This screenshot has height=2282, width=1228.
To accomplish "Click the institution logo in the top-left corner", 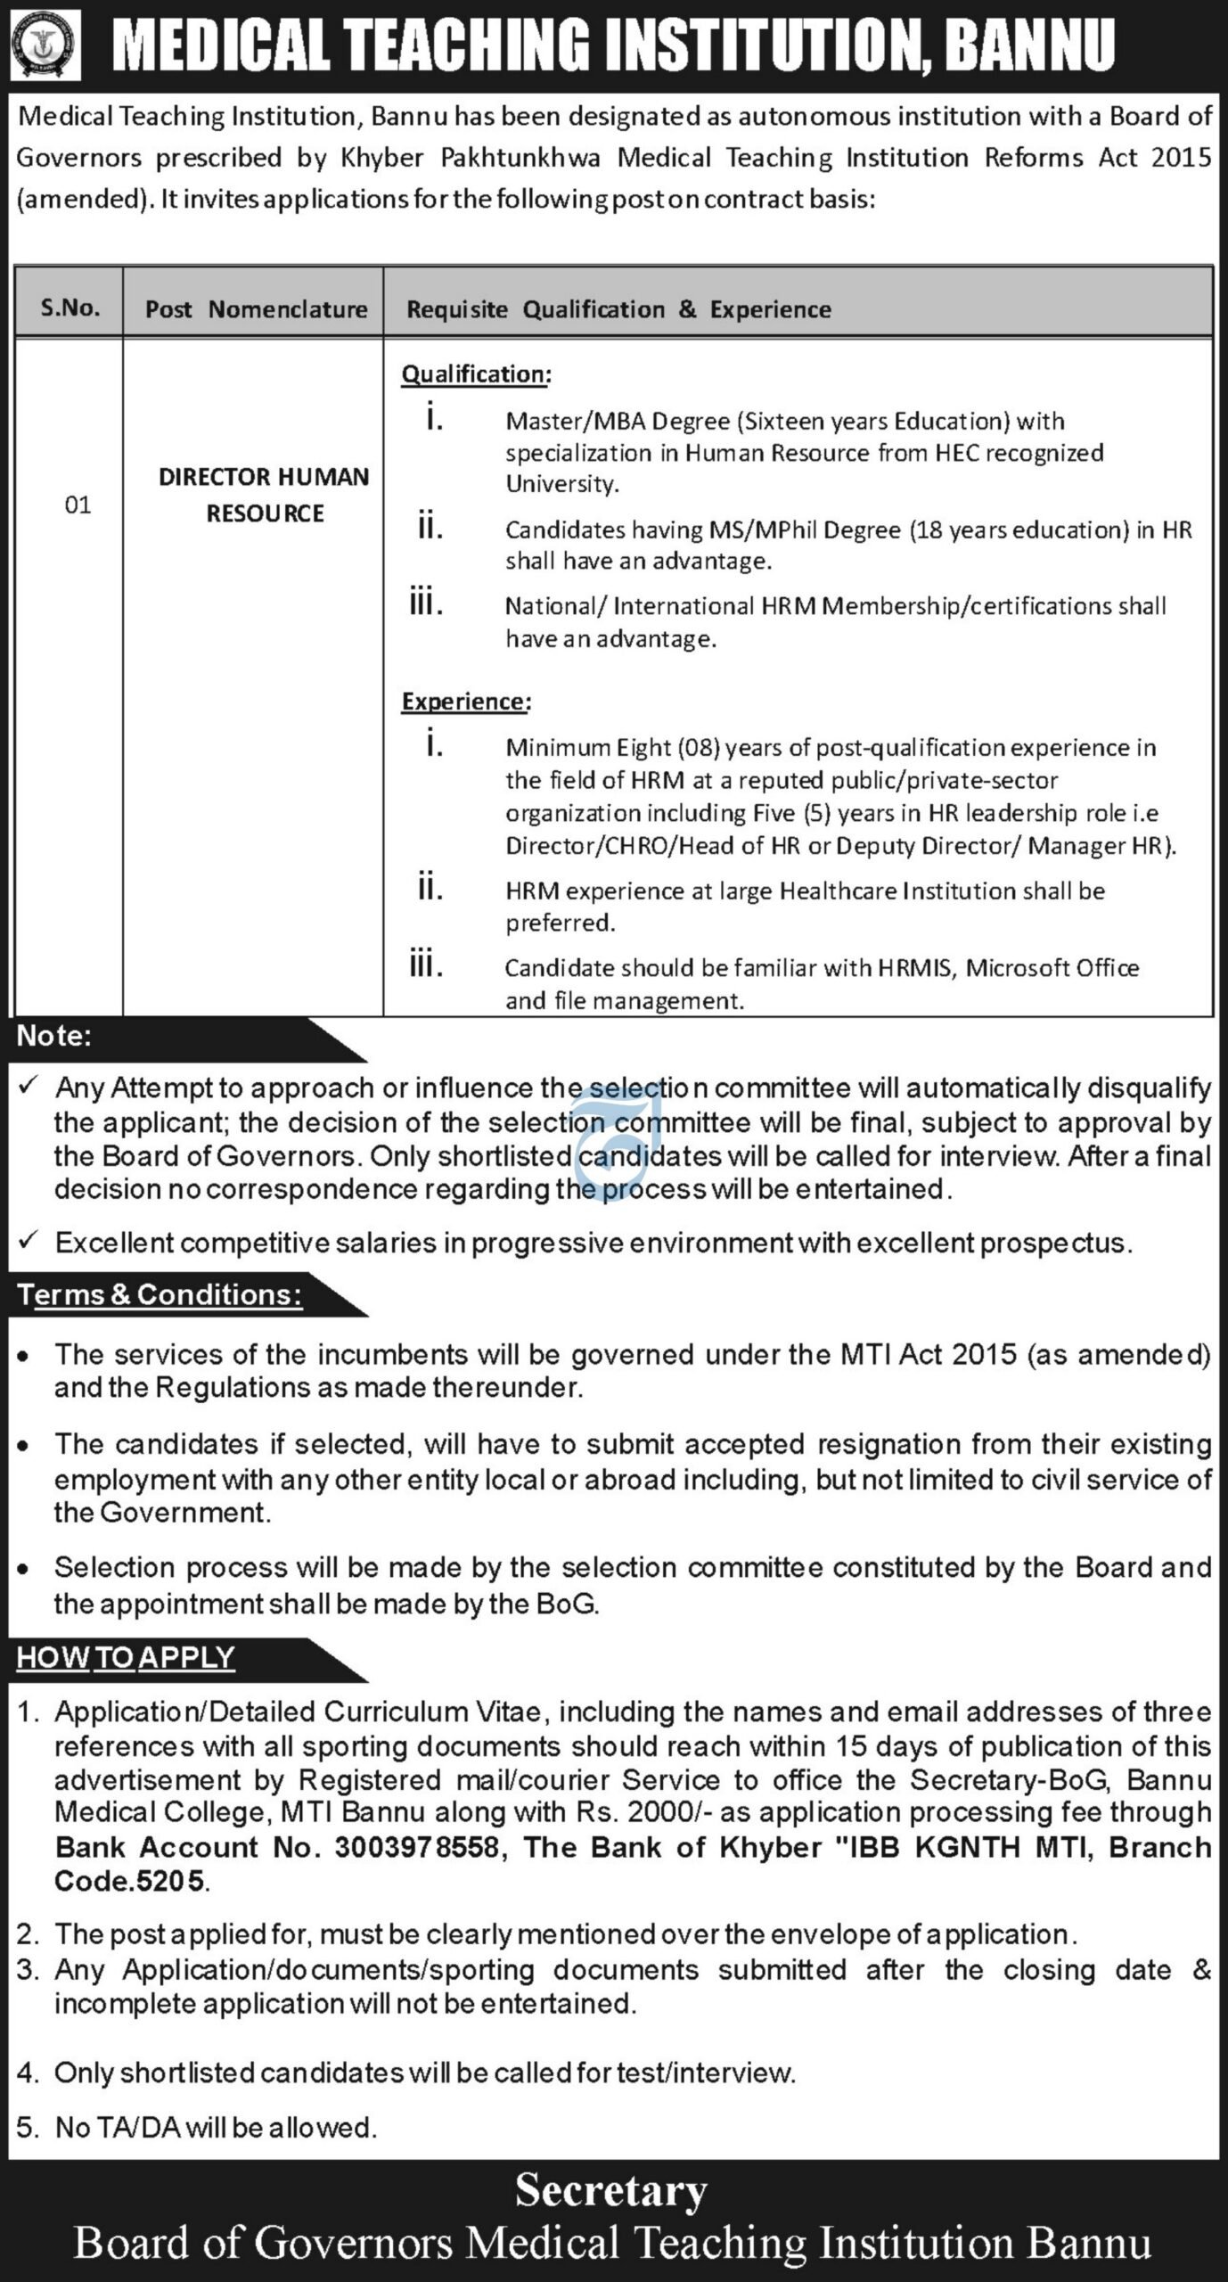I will coord(45,45).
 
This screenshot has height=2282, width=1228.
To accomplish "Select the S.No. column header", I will coord(70,308).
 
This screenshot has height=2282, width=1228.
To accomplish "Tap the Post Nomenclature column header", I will coord(256,309).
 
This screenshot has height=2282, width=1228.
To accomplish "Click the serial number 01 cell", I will coord(78,505).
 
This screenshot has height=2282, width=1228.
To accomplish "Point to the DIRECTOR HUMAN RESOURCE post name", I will coord(264,495).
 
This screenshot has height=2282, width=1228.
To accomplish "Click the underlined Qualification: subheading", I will coord(476,374).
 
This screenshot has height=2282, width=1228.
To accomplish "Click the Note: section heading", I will coord(54,1036).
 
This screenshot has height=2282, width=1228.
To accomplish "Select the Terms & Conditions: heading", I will coord(160,1294).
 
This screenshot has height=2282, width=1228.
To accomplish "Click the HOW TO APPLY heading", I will coord(126,1658).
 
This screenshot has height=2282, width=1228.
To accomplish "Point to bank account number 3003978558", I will coord(416,1848).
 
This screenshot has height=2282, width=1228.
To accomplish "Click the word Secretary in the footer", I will coord(611,2192).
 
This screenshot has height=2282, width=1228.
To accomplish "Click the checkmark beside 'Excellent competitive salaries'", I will coord(29,1240).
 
